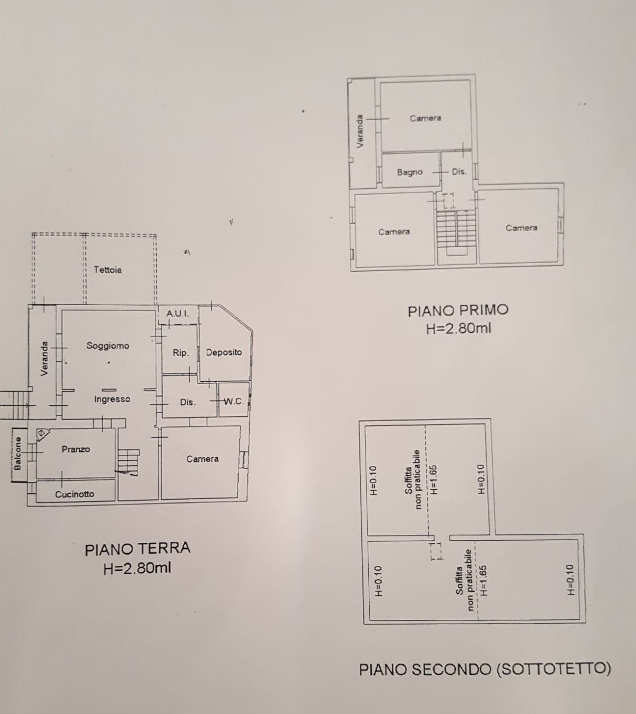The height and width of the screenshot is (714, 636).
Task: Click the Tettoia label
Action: click(108, 270)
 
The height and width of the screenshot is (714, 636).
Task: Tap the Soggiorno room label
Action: click(108, 346)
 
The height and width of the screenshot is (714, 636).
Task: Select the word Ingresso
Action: click(112, 399)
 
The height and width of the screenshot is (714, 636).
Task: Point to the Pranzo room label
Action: click(76, 449)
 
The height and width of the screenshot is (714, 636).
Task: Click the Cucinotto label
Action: click(75, 494)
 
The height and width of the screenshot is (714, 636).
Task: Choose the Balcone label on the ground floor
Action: click(18, 453)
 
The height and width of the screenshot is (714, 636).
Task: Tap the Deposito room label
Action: click(224, 352)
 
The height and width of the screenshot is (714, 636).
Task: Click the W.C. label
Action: click(233, 401)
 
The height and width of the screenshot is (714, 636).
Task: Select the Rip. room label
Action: click(181, 352)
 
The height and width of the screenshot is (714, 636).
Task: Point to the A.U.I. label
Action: click(177, 314)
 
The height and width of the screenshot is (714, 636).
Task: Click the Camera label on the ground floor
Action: click(202, 459)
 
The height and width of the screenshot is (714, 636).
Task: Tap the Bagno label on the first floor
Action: click(410, 172)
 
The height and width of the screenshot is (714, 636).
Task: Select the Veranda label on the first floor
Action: click(360, 132)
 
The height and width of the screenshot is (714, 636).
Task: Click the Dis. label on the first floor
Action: click(459, 172)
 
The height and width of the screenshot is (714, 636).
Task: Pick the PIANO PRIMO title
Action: click(458, 310)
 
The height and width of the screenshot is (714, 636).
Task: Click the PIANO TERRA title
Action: click(138, 549)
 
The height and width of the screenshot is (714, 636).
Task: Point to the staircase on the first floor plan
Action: click(455, 230)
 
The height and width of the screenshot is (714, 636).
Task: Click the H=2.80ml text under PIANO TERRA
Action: click(138, 568)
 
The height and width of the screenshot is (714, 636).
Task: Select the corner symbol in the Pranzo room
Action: click(42, 433)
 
